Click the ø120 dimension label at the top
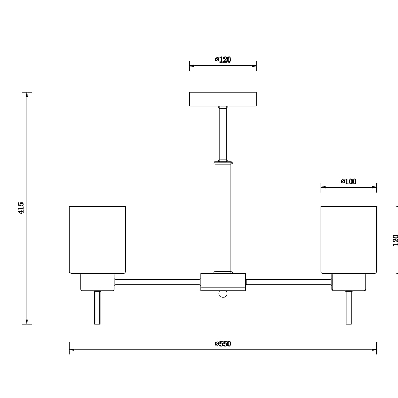(x=223, y=60)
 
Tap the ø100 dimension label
(x=349, y=181)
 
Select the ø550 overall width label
(x=223, y=343)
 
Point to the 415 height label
(x=21, y=208)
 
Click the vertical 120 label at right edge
(x=395, y=240)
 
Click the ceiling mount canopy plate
(x=223, y=99)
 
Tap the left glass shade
(x=97, y=240)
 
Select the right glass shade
(x=349, y=240)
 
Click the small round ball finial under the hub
(x=223, y=294)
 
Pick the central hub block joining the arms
(x=223, y=282)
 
